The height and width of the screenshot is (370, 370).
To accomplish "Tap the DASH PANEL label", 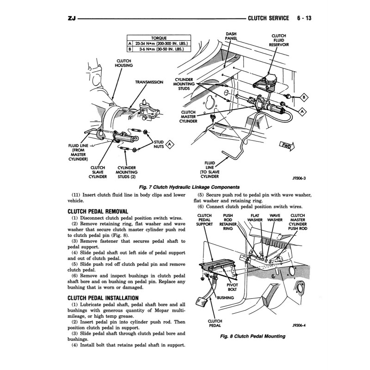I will pyautogui.click(x=231, y=37).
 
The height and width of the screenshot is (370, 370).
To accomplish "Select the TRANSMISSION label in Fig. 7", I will pyautogui.click(x=149, y=82).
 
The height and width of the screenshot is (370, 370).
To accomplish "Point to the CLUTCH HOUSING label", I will pyautogui.click(x=123, y=63).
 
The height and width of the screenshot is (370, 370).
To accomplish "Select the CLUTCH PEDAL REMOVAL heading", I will pyautogui.click(x=98, y=211).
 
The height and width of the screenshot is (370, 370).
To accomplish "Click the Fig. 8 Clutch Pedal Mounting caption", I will pyautogui.click(x=252, y=336).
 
